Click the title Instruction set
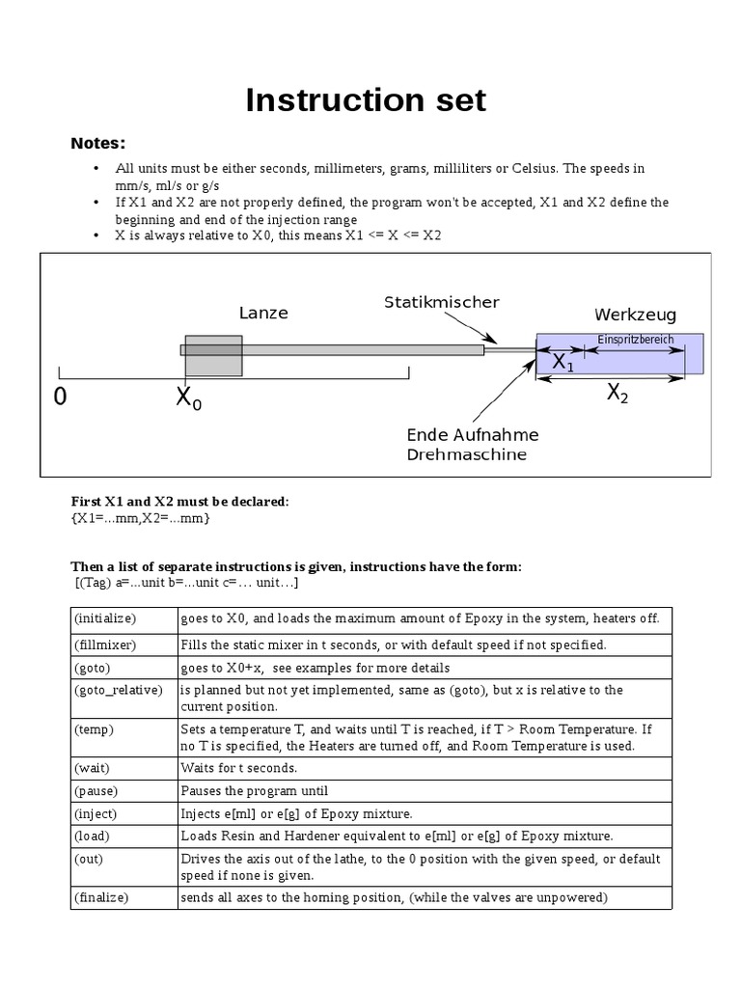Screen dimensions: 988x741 click(x=366, y=100)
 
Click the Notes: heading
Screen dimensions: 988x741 click(x=97, y=144)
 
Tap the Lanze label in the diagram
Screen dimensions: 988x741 click(x=263, y=314)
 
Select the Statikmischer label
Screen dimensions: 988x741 click(x=441, y=302)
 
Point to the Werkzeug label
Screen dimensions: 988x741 click(x=635, y=316)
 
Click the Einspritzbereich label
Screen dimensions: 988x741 click(x=635, y=340)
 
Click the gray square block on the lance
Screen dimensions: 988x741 click(x=213, y=355)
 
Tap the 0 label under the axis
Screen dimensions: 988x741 click(x=61, y=398)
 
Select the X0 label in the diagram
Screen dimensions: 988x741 click(x=189, y=398)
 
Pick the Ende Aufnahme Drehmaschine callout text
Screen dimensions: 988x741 click(x=472, y=445)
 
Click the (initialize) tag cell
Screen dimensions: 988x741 click(x=105, y=617)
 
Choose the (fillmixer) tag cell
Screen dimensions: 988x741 click(x=105, y=645)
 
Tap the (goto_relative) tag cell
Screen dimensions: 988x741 click(x=118, y=690)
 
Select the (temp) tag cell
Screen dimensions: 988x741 click(x=94, y=729)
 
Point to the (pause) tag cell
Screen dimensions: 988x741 click(x=96, y=791)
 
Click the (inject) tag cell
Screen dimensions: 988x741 click(x=96, y=813)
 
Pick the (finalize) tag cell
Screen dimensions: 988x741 click(x=101, y=898)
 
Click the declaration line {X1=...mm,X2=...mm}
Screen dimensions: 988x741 click(x=141, y=518)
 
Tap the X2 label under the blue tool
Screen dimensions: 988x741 click(x=617, y=394)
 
